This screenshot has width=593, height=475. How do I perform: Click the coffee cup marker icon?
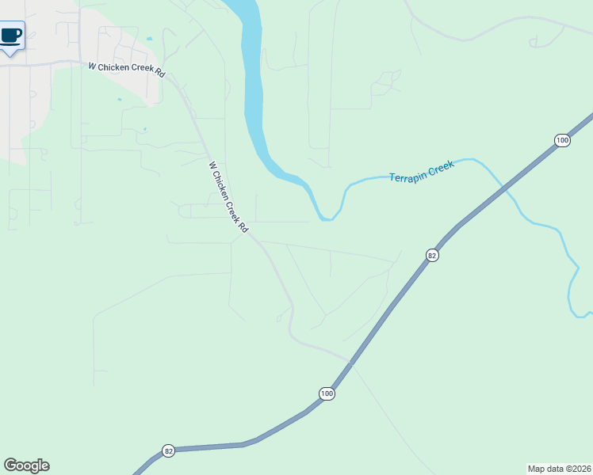coord(11,36)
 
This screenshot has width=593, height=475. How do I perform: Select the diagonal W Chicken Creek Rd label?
coord(228,197)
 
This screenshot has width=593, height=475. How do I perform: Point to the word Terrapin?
coord(407,175)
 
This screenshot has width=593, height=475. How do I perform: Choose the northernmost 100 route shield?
coord(561,140)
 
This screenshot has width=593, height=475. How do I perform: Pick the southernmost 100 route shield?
coord(327,393)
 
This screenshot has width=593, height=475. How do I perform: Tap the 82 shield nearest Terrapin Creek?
coord(432,255)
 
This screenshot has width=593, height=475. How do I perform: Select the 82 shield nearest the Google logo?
coord(168,450)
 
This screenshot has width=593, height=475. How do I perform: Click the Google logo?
coord(26,465)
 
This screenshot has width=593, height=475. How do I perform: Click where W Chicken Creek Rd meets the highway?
coord(350,361)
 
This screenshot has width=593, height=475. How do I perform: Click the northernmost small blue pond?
coord(148,39)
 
